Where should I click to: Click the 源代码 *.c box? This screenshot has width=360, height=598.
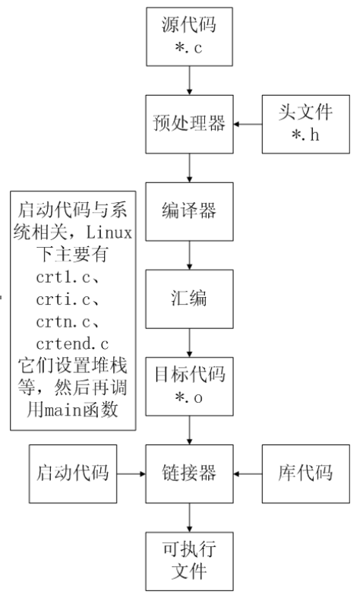point(190,36)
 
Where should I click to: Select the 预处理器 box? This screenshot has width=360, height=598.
point(190,125)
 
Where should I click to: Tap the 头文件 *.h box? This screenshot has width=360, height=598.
point(306,125)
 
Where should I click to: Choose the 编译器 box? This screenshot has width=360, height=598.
point(190,212)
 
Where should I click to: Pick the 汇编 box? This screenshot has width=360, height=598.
point(190,299)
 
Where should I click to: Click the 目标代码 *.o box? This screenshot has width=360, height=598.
point(190,386)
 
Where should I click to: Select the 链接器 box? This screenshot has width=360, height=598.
point(190,474)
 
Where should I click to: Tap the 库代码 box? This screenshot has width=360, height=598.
point(306,474)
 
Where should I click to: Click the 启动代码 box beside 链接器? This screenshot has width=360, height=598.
point(73,474)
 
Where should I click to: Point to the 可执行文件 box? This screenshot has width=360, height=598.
point(190,562)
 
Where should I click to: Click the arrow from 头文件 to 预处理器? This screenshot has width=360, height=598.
point(248,125)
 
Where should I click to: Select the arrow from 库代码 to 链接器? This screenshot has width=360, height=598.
point(248,474)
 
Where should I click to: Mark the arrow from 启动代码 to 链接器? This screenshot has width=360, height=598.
point(131,474)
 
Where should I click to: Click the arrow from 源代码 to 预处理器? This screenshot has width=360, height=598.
point(190,81)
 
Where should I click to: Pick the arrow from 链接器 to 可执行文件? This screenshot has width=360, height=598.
point(190,517)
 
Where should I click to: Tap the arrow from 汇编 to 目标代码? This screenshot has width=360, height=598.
point(190,343)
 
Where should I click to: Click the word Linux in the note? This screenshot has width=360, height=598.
point(109,233)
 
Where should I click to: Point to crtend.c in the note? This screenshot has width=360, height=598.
point(72,344)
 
